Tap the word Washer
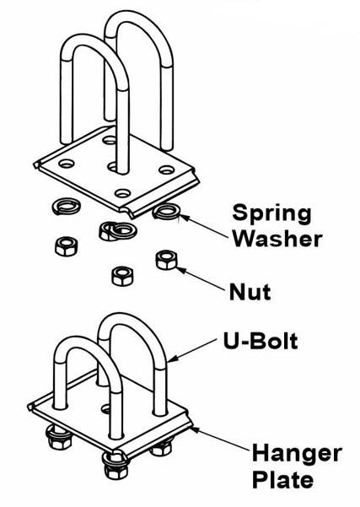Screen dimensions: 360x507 [x=277, y=239]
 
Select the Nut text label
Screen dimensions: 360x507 [x=250, y=292]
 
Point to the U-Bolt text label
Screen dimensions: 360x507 [x=261, y=341]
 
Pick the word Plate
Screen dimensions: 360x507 [x=282, y=478]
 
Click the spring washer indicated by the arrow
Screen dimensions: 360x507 [x=166, y=211]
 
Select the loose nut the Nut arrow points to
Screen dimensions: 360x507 [x=167, y=260]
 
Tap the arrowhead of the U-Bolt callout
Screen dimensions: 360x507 [x=172, y=359]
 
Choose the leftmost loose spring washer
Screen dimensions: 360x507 [x=67, y=207]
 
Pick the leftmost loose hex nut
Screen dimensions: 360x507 [x=67, y=246]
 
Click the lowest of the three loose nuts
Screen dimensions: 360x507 [x=122, y=276]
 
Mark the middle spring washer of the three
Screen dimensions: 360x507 [x=118, y=230]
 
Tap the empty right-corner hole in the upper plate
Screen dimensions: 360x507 [x=166, y=169]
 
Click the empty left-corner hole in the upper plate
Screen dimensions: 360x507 [x=67, y=164]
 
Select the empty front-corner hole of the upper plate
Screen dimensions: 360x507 [x=122, y=193]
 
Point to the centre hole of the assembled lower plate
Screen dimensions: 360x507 [x=106, y=409]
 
